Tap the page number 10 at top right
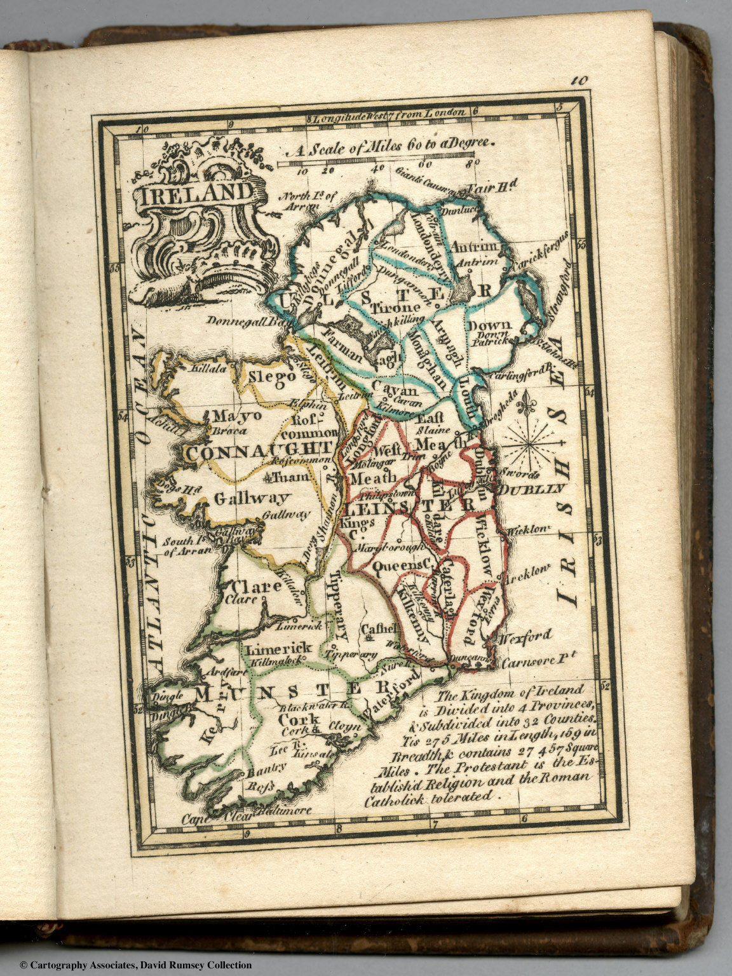point(579,80)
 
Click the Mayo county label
point(236,416)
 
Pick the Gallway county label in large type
point(252,498)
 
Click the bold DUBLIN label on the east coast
point(531,489)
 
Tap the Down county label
point(488,325)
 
